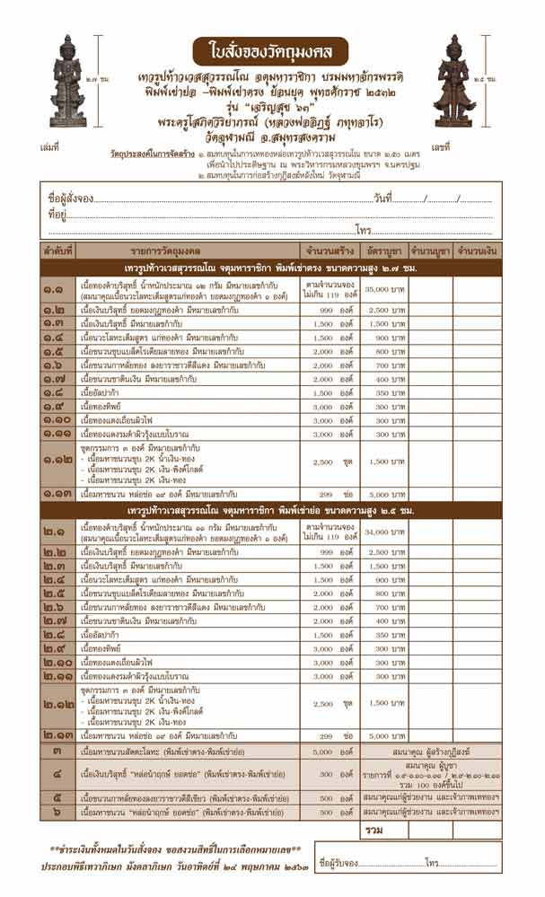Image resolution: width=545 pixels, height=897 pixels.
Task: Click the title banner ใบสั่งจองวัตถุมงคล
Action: (x=271, y=46)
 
